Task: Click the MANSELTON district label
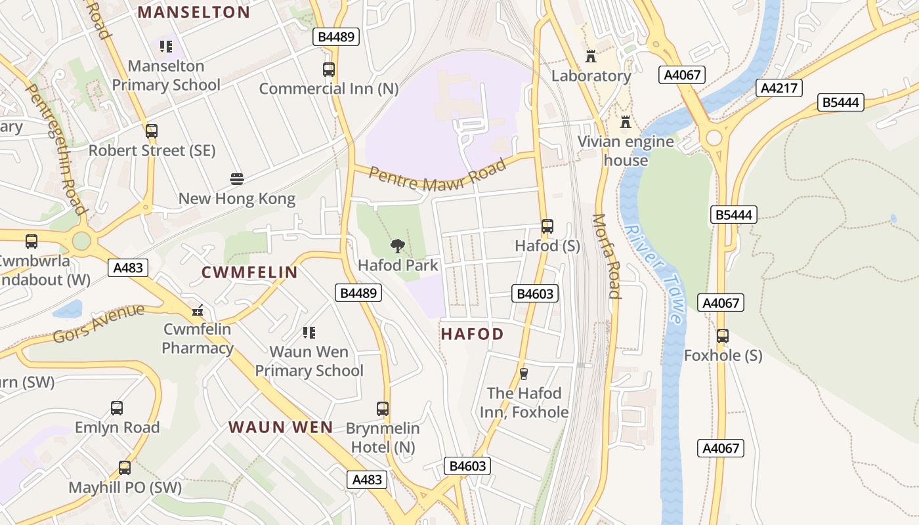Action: [x=194, y=12]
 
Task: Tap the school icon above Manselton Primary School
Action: [x=165, y=47]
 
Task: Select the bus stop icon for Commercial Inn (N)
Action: [x=329, y=69]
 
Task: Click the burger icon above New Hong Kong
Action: [x=237, y=179]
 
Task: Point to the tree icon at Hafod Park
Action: [x=397, y=247]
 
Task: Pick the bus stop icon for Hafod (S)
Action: [x=547, y=226]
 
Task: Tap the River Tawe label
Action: [x=652, y=274]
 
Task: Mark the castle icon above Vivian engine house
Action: [x=626, y=123]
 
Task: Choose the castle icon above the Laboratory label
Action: [x=591, y=56]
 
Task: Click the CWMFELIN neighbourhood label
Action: [x=249, y=272]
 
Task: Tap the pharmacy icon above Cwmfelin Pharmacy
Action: [x=197, y=310]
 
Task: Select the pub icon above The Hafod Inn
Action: [x=524, y=374]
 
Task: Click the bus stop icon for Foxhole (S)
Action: [x=723, y=336]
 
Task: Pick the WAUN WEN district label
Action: [x=281, y=427]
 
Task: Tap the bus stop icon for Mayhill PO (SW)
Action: [x=125, y=468]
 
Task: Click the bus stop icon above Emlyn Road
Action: [x=117, y=408]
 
